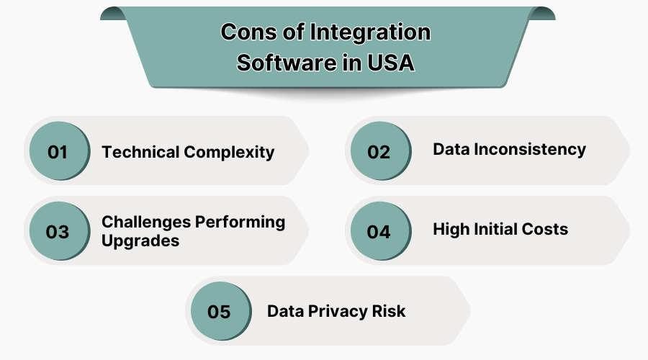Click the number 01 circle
click(x=58, y=152)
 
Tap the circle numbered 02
click(x=379, y=152)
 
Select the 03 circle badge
click(x=58, y=232)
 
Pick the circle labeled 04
click(x=379, y=232)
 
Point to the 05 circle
click(x=219, y=312)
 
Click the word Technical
click(x=140, y=152)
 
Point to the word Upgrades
click(x=140, y=241)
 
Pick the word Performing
click(x=240, y=222)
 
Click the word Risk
click(x=389, y=311)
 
